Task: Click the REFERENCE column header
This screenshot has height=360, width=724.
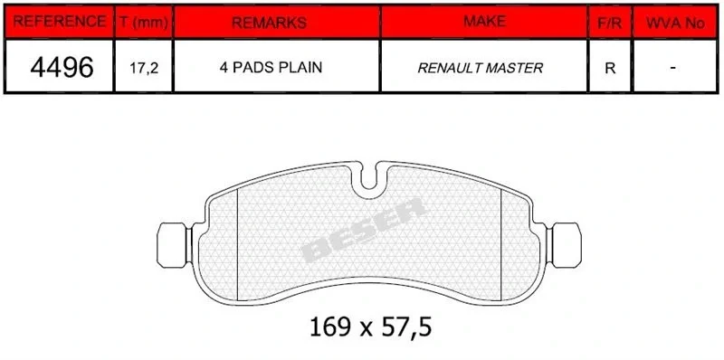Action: tap(59, 21)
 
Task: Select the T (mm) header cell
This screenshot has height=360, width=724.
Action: tap(144, 21)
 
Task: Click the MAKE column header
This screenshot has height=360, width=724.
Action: tap(484, 21)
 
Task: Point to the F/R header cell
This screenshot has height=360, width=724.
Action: tap(610, 21)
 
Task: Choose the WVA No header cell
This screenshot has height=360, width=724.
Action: tap(675, 21)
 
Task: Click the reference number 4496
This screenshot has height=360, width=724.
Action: tap(62, 67)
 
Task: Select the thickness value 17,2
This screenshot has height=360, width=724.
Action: tap(144, 69)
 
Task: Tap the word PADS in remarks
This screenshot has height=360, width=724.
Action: tap(252, 68)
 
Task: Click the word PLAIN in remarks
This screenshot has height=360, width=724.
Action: tap(300, 68)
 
